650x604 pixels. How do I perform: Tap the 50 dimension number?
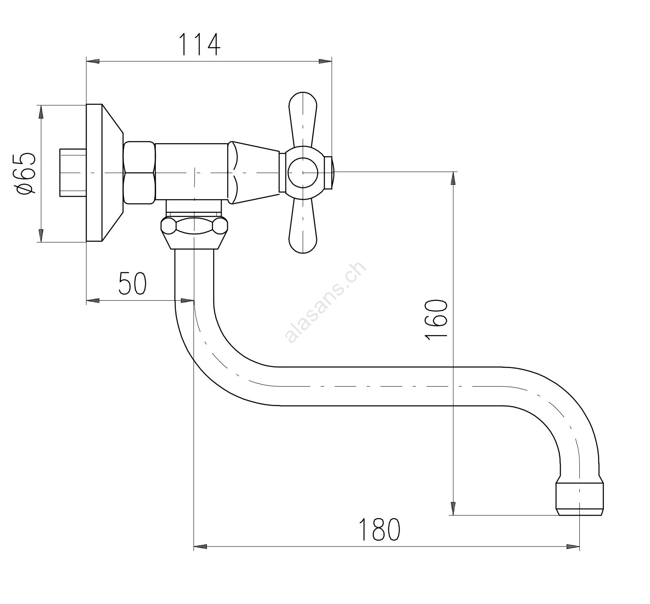pos(133,283)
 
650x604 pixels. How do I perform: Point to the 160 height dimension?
pos(436,320)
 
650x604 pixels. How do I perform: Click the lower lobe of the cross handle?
pos(303,226)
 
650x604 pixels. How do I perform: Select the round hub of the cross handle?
pos(303,172)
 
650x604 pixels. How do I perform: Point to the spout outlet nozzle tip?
pos(580,497)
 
